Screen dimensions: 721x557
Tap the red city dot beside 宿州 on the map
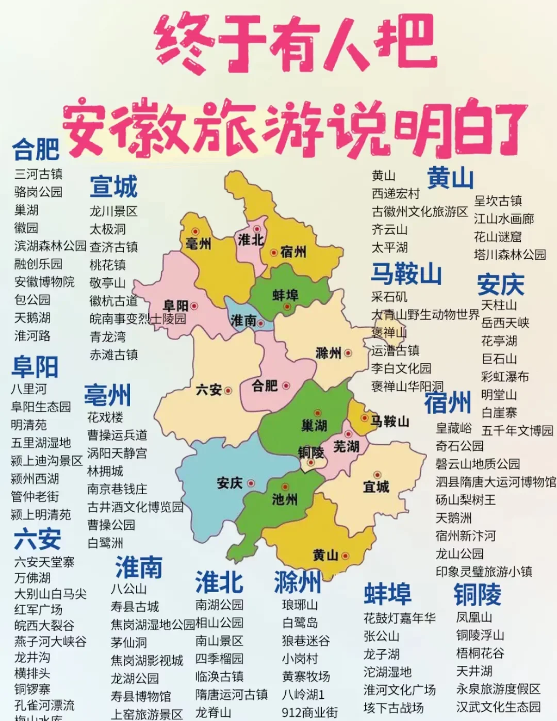[x=274, y=253]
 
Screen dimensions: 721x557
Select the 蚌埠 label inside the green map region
[x=285, y=295]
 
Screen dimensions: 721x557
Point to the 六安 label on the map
[x=208, y=390]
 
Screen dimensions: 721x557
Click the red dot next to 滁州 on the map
[x=348, y=353]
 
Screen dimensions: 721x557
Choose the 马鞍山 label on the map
[x=389, y=422]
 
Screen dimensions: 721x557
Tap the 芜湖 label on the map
[x=346, y=446]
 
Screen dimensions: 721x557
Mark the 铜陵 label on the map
[x=310, y=452]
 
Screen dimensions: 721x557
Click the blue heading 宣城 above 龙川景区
[x=113, y=187]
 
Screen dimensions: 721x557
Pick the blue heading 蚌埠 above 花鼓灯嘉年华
[x=387, y=594]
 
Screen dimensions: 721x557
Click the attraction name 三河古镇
[x=38, y=174]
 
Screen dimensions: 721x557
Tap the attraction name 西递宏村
[x=396, y=194]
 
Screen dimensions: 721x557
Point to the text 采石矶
[x=389, y=297]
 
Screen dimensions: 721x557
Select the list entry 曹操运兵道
[x=117, y=435]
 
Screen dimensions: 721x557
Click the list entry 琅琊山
[x=300, y=605]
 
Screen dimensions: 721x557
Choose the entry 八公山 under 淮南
[x=128, y=589]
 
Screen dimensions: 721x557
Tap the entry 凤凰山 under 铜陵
[x=474, y=617]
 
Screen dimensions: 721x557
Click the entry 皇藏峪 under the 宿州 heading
[x=453, y=428]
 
